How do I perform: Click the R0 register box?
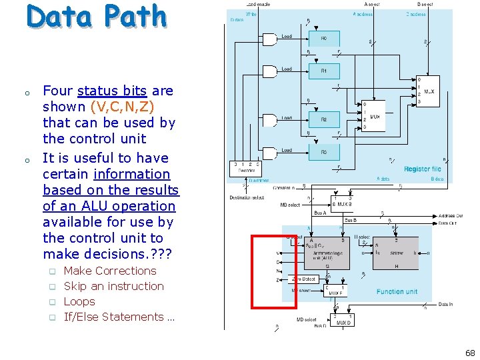click(323, 39)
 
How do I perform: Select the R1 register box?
click(323, 71)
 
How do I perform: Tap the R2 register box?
click(323, 120)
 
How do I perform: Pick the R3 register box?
click(323, 153)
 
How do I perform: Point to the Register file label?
click(422, 169)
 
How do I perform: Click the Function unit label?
click(397, 291)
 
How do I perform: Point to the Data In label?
click(446, 305)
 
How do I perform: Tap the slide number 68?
click(470, 353)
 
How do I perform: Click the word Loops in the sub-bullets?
click(79, 301)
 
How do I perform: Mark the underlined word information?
click(132, 174)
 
